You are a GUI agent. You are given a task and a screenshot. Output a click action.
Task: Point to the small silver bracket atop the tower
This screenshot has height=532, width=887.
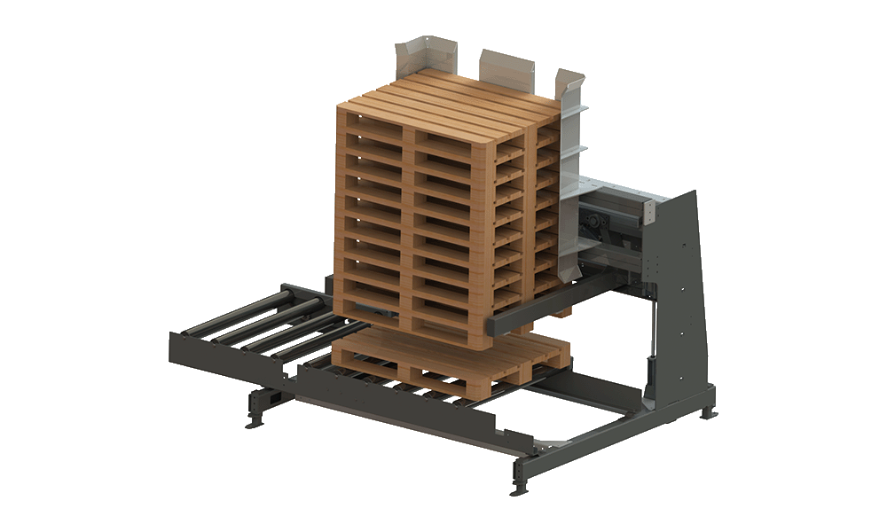point(652,210)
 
